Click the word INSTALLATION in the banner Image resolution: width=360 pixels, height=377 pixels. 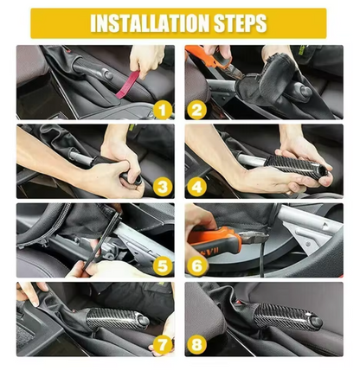(x=141, y=23)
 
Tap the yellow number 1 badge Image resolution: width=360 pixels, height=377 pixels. (x=161, y=109)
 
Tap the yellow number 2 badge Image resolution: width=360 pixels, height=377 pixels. (x=197, y=109)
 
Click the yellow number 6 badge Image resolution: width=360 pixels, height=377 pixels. (x=197, y=266)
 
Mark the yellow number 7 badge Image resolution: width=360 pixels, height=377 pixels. (x=161, y=345)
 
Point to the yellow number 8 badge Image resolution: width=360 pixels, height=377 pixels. (x=197, y=345)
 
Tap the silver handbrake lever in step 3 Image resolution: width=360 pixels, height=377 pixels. (x=82, y=158)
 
